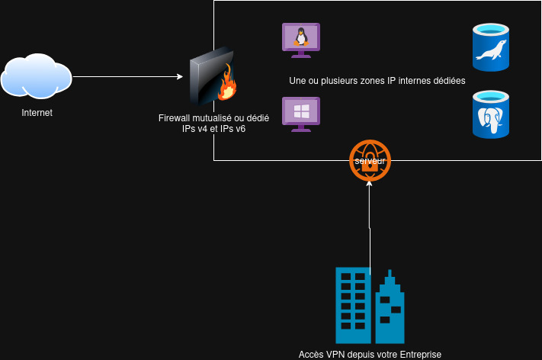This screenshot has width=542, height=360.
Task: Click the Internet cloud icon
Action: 36,76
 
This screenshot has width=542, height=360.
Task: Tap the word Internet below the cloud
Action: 37,113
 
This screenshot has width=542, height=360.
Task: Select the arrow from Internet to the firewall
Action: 130,76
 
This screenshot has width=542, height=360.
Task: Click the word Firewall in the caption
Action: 175,118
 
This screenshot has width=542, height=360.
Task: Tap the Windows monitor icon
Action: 301,114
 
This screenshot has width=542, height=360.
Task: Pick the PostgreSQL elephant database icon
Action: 490,114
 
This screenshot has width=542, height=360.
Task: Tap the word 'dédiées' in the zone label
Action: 449,81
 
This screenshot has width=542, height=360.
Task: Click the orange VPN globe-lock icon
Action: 370,161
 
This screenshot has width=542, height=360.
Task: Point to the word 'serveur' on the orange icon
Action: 370,161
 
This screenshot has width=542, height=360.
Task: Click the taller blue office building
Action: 352,305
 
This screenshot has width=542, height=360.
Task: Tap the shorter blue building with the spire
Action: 390,309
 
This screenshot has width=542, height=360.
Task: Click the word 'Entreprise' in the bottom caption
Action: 416,355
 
